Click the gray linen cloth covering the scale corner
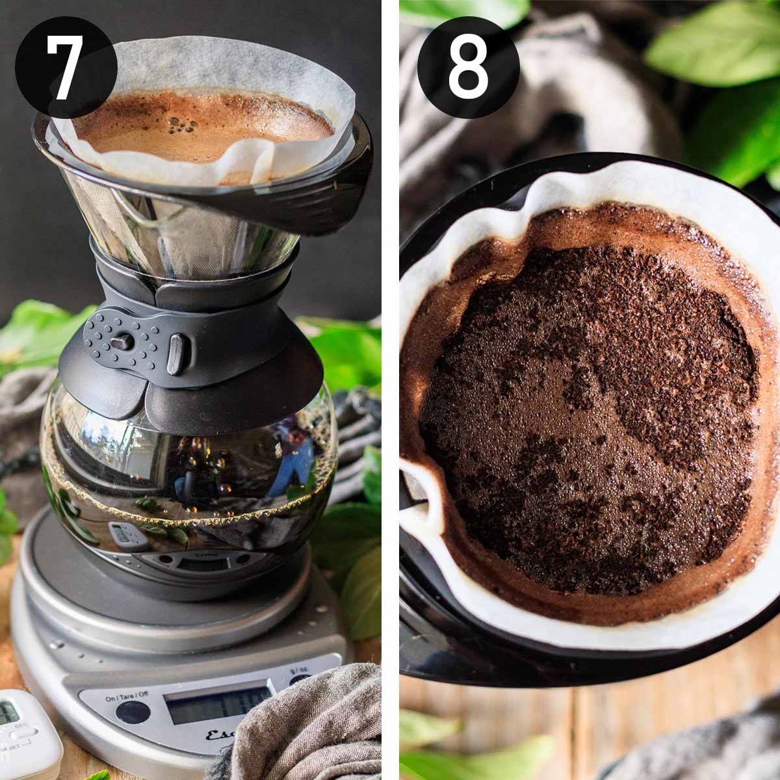(x=305, y=728)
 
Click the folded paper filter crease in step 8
(x=419, y=494)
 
